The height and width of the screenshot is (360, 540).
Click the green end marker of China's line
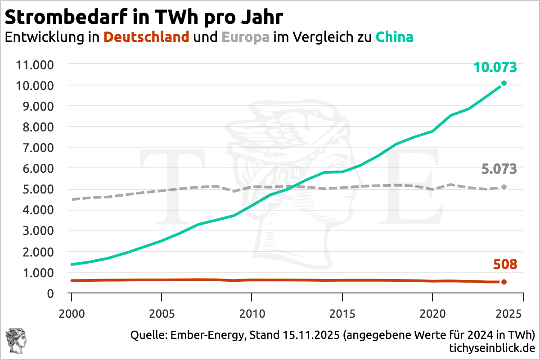coord(504,83)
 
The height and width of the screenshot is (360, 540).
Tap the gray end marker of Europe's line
coord(504,187)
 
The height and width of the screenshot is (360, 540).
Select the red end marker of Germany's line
coord(504,282)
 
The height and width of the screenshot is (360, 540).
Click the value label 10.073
coord(495,67)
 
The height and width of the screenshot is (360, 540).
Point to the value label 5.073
coord(499,170)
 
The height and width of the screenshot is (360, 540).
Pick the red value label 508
coord(505,265)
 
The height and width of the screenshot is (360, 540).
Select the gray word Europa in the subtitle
coord(246,37)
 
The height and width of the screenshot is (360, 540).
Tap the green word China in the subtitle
coord(394,37)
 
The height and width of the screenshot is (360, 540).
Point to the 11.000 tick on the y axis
coord(35,64)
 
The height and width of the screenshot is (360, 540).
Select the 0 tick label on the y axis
coord(50,293)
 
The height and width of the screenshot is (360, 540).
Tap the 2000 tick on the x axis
coord(72,311)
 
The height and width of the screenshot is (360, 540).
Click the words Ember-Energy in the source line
coord(201,335)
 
